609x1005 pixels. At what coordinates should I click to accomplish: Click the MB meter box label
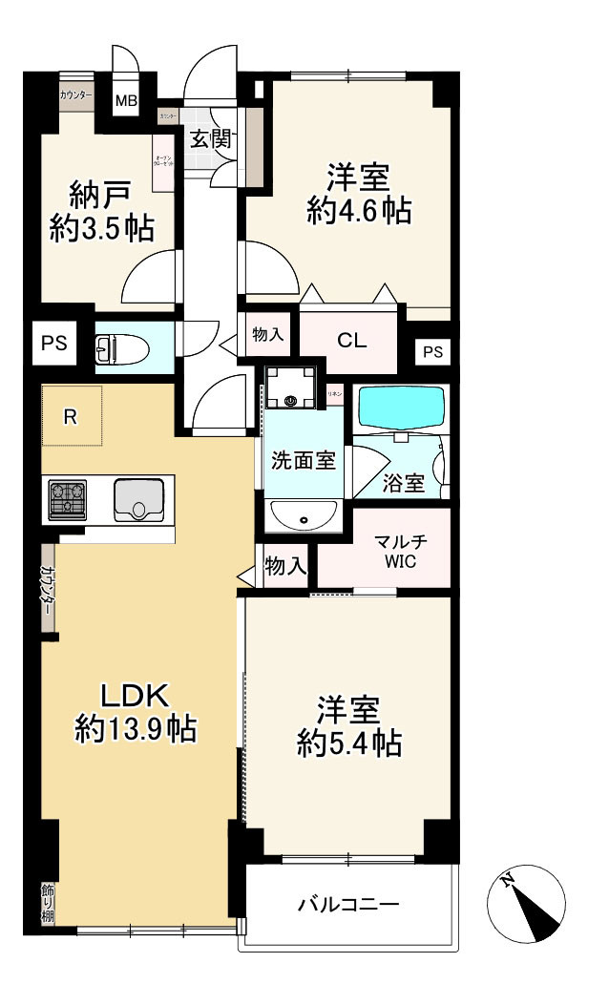pyautogui.click(x=126, y=99)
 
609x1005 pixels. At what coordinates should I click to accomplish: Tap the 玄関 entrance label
pyautogui.click(x=209, y=138)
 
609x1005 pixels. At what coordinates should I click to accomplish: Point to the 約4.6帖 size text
pyautogui.click(x=359, y=211)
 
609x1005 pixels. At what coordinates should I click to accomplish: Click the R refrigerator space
pyautogui.click(x=71, y=415)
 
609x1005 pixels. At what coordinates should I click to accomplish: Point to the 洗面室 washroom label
pyautogui.click(x=302, y=460)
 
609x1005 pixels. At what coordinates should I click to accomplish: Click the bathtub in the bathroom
pyautogui.click(x=400, y=408)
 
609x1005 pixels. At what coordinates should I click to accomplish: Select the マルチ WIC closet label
pyautogui.click(x=400, y=552)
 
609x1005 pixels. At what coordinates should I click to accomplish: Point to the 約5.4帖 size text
pyautogui.click(x=348, y=743)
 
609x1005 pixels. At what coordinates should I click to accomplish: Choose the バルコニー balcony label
pyautogui.click(x=347, y=903)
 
